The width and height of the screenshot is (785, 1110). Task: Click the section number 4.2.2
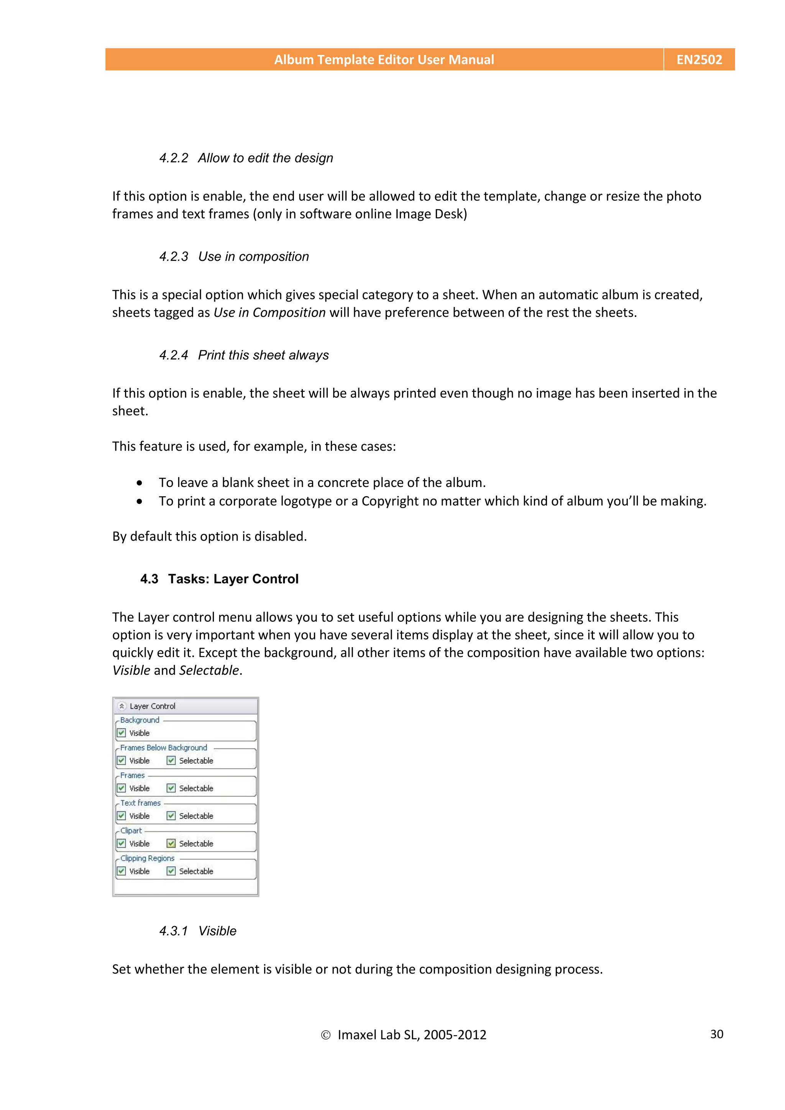[x=174, y=158]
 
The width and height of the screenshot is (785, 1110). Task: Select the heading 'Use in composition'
[x=253, y=257]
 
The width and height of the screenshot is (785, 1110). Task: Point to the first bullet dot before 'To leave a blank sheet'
[x=139, y=483]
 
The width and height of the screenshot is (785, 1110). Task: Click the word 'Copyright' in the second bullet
[x=390, y=501]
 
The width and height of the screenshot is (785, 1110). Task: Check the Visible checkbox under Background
[x=122, y=733]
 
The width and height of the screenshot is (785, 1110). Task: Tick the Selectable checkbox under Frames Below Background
[x=171, y=761]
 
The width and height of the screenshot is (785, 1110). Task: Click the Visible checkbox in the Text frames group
[x=122, y=816]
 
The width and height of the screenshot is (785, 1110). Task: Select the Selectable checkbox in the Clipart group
[x=171, y=843]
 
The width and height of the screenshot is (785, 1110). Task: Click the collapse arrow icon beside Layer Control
[x=122, y=706]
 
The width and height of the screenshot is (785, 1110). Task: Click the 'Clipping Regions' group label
[x=147, y=858]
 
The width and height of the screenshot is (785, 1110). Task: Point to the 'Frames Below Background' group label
[x=164, y=748]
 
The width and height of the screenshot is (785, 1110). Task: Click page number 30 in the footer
[x=716, y=1034]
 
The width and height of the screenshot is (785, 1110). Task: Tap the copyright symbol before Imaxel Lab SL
[x=325, y=1035]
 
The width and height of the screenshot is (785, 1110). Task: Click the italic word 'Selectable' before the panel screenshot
[x=209, y=671]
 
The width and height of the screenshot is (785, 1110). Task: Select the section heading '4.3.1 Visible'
[x=198, y=931]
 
